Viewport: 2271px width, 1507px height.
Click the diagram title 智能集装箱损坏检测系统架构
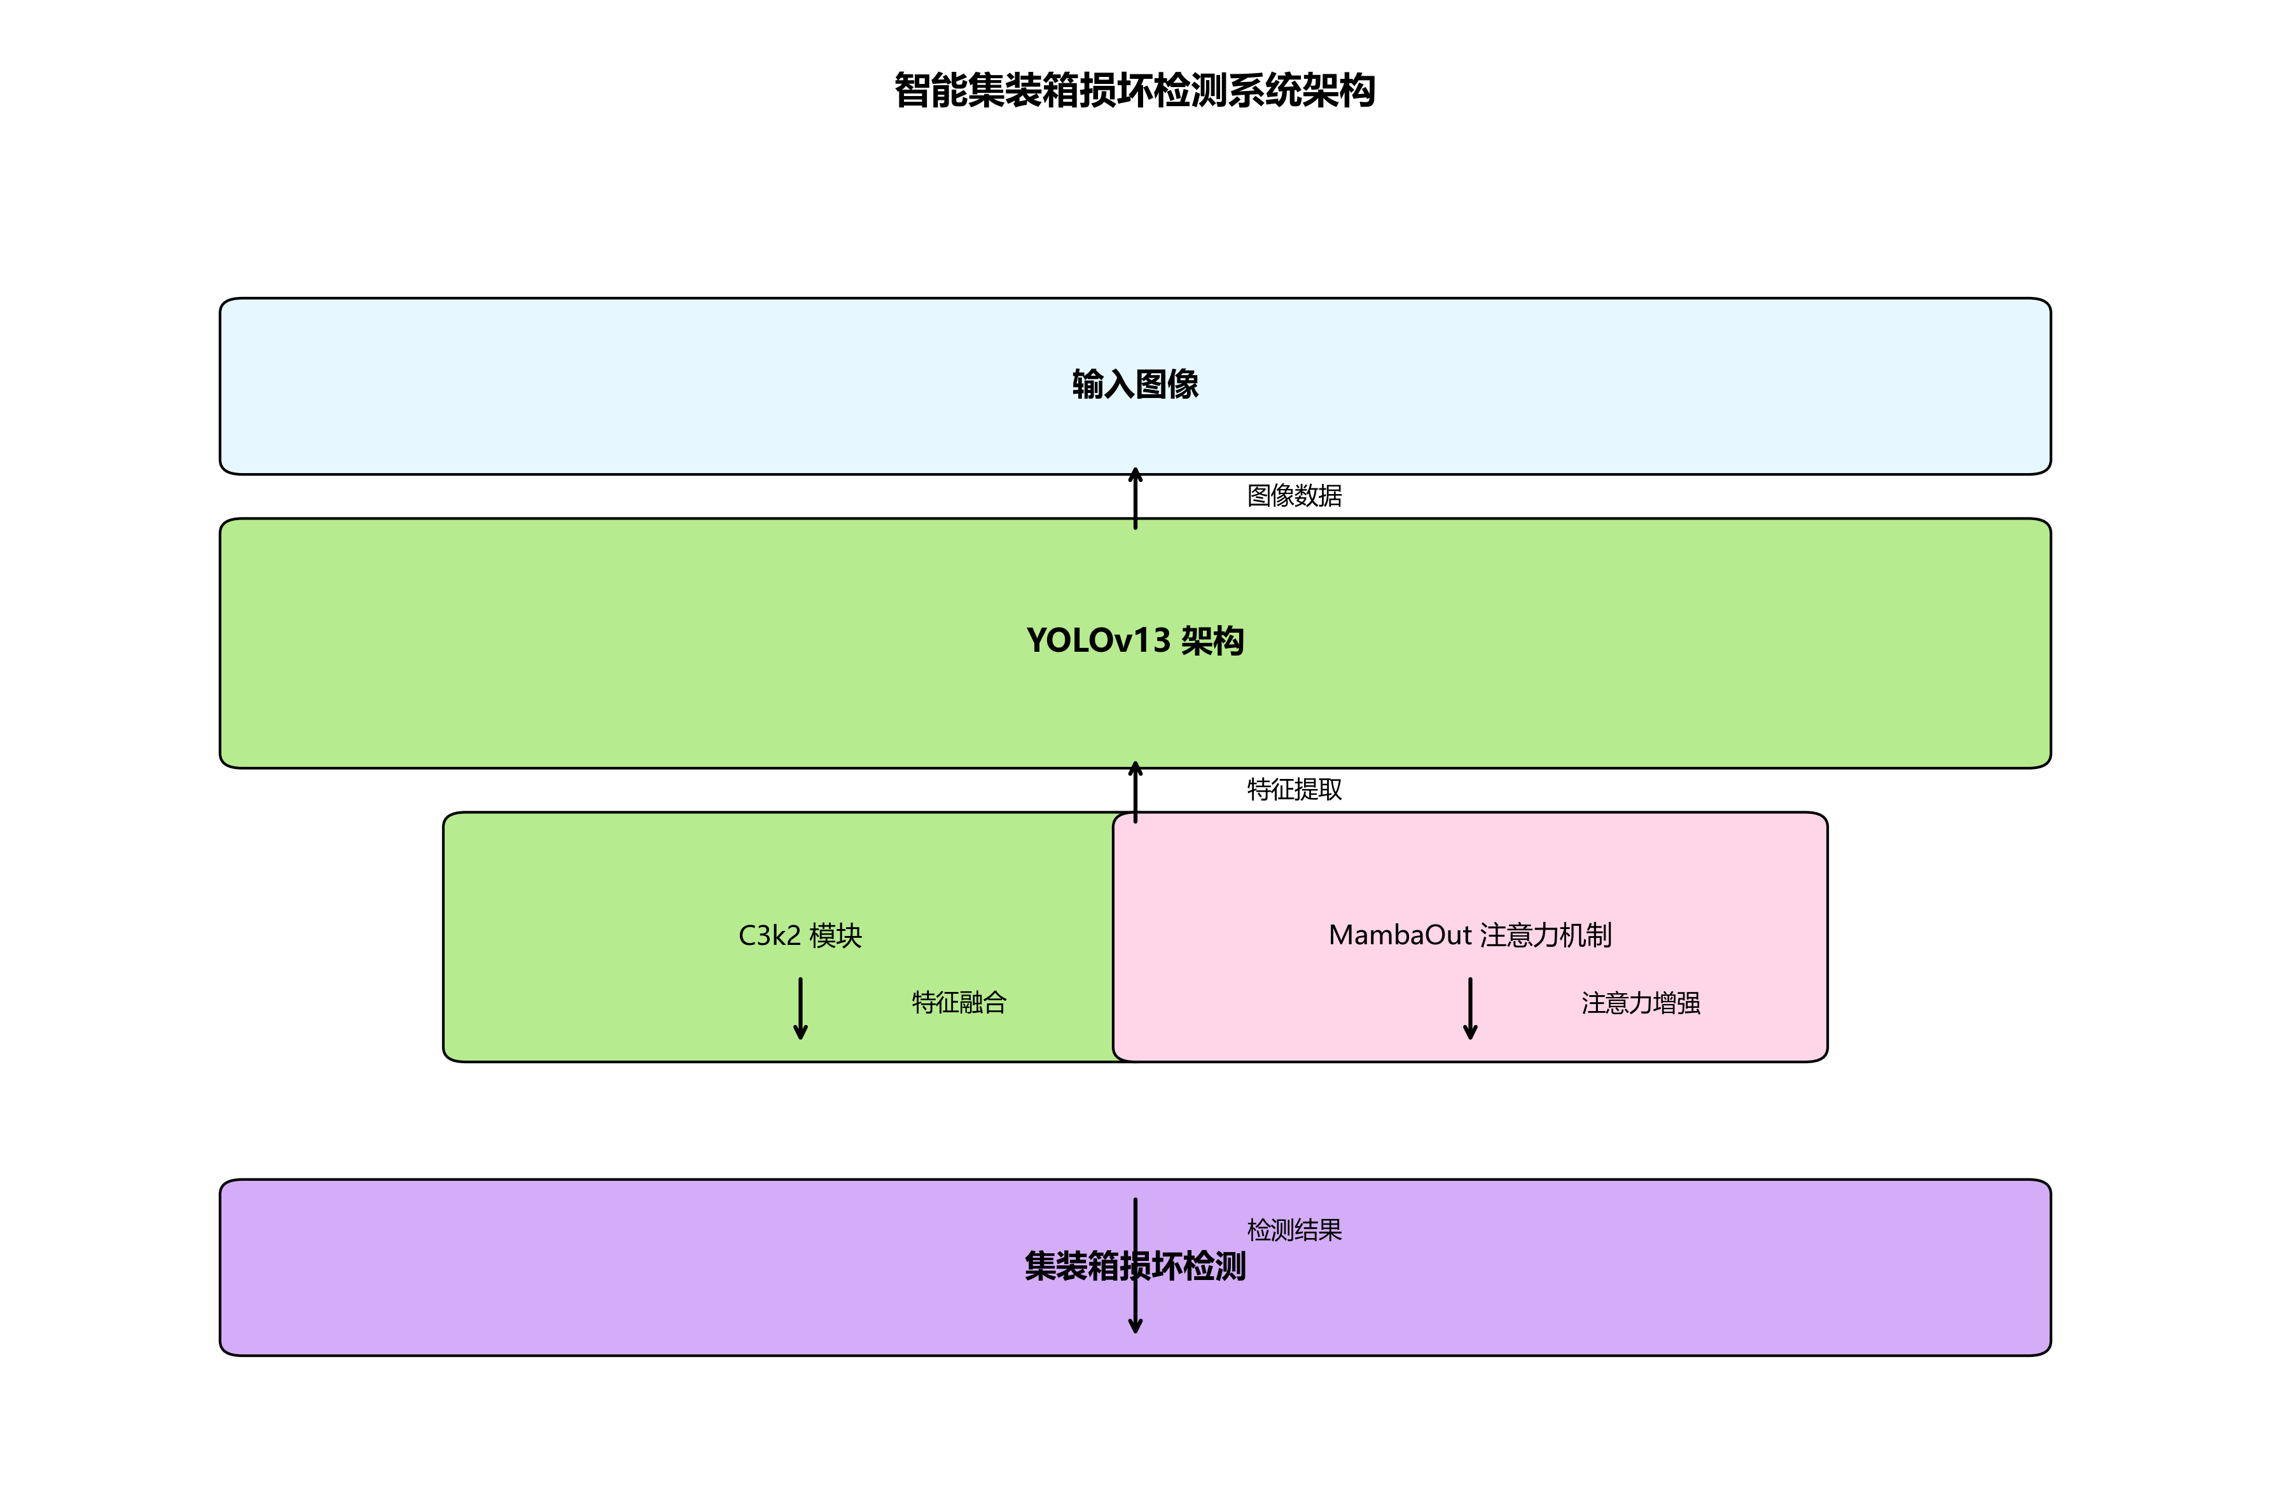point(1134,90)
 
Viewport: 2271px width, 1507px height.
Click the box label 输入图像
point(1134,385)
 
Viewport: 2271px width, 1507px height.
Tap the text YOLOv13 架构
point(1134,641)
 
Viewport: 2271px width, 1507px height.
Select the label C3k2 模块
point(800,935)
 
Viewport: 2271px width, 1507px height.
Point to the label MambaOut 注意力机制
point(1469,935)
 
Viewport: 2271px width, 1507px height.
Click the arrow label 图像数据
point(1294,496)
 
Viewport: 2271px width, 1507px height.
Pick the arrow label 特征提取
point(1294,790)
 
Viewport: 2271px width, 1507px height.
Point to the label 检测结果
point(1294,1230)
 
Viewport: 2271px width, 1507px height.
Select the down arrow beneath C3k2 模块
point(800,1009)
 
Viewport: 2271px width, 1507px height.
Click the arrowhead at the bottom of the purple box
point(1135,1326)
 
